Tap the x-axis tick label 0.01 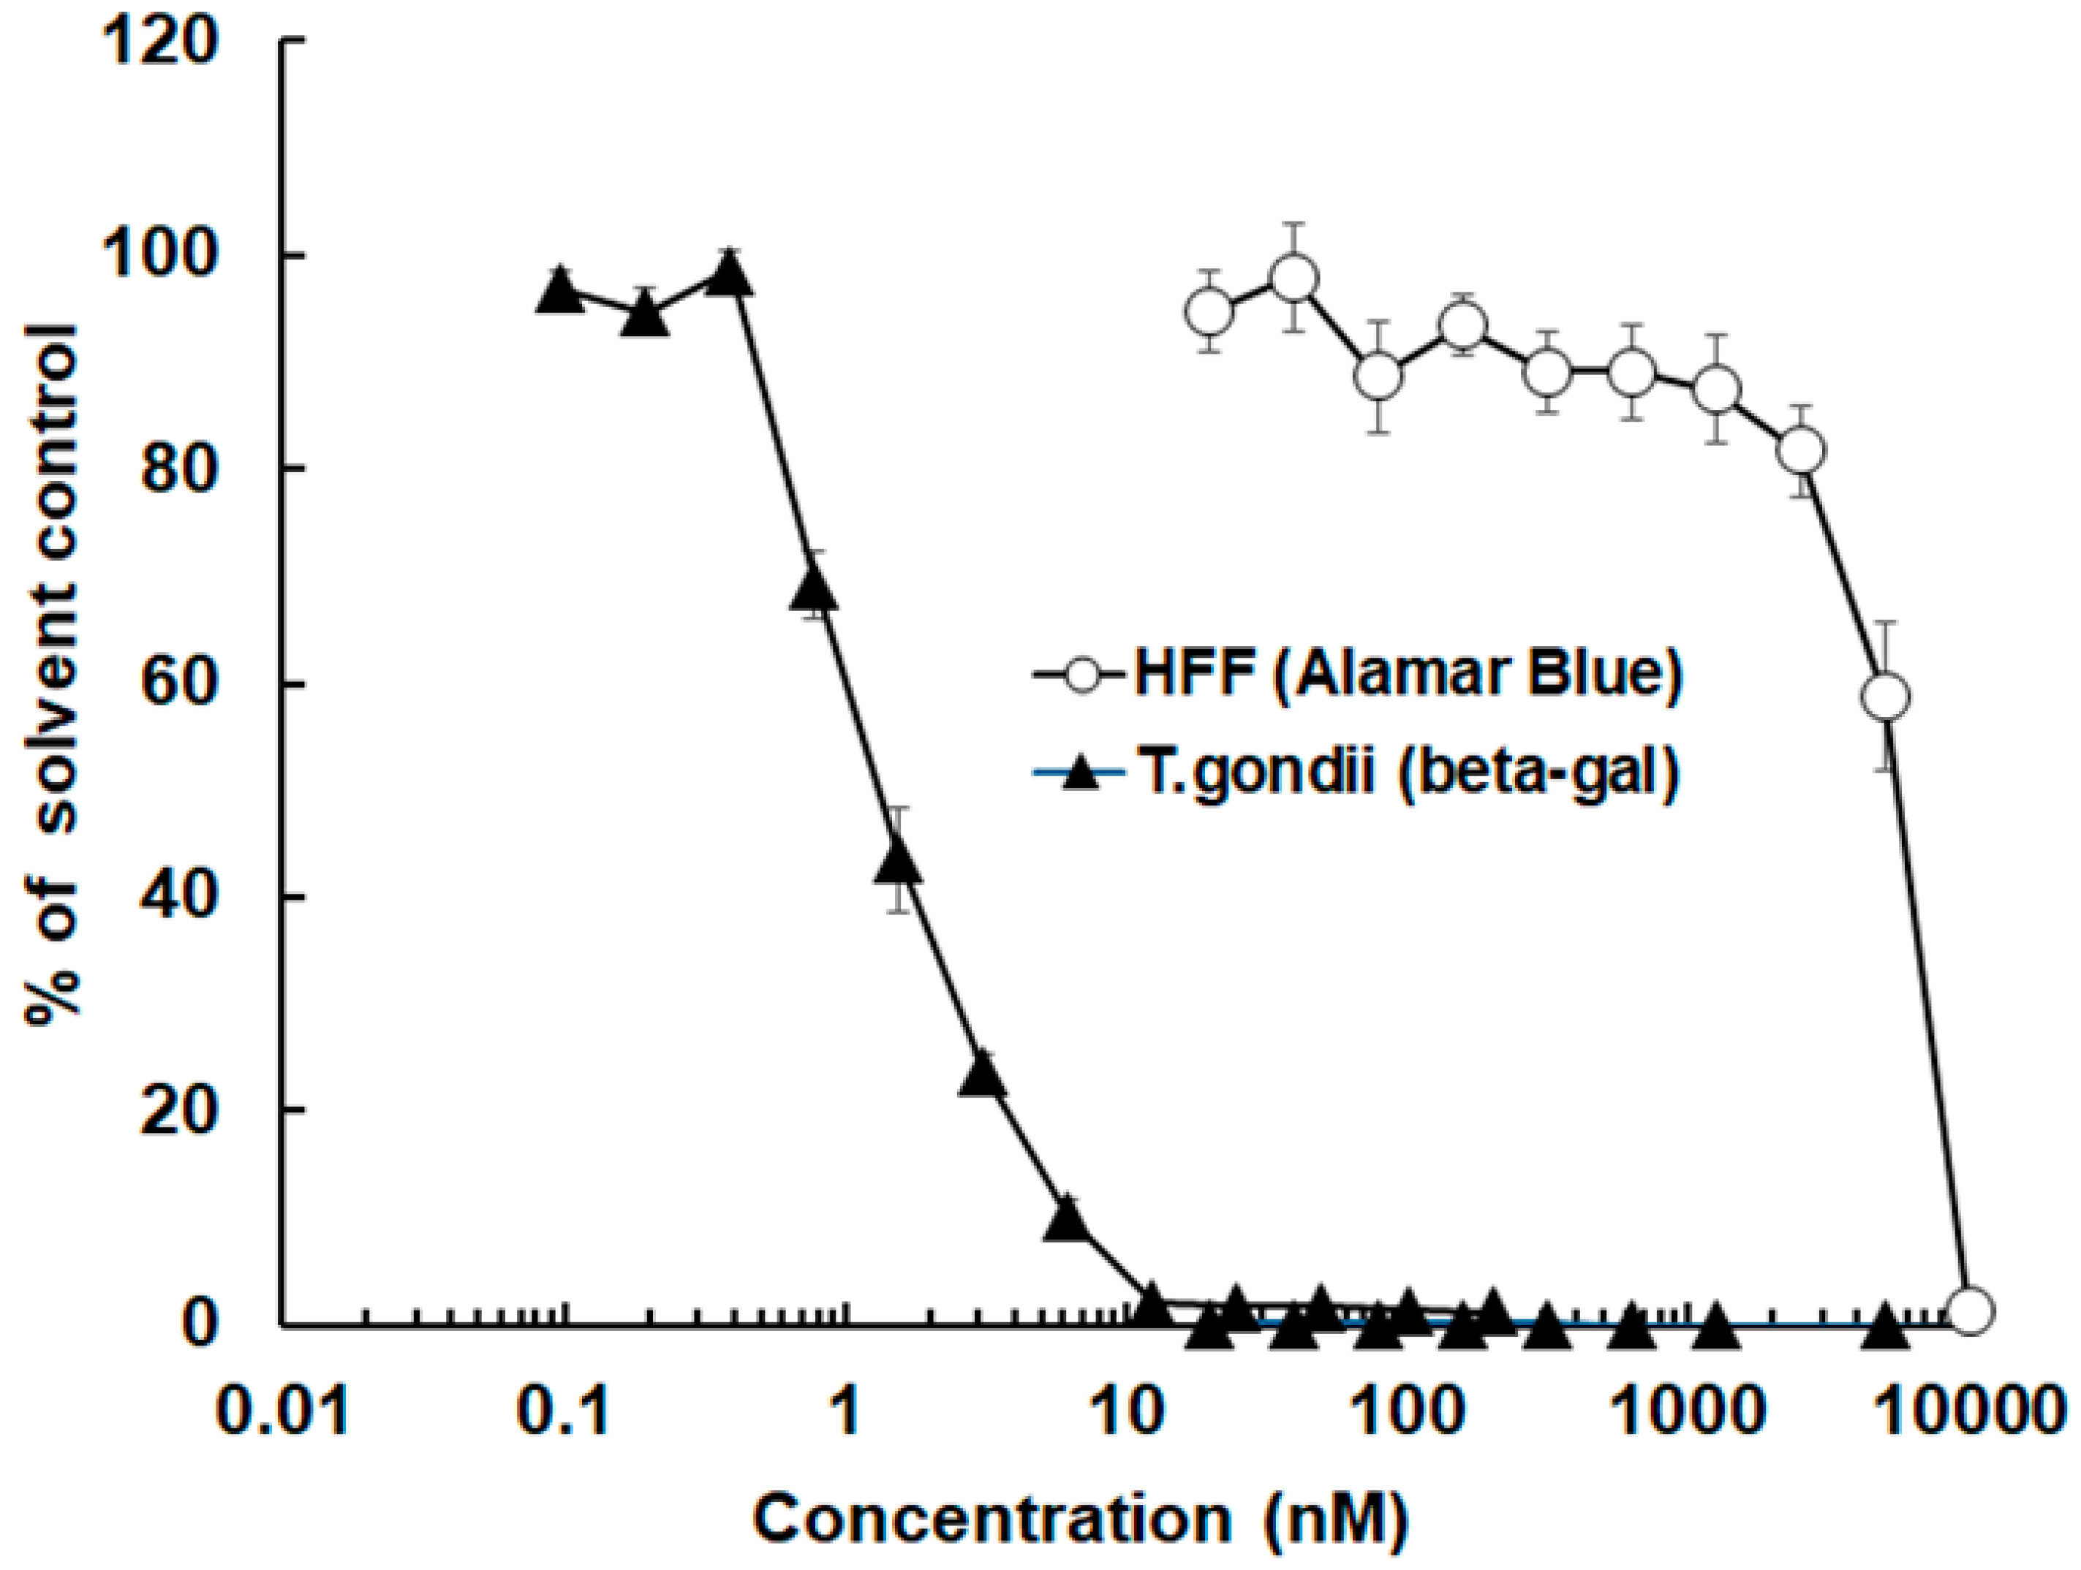(283, 1412)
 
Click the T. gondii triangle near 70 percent (814, 593)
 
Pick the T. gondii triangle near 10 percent (1067, 1220)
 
